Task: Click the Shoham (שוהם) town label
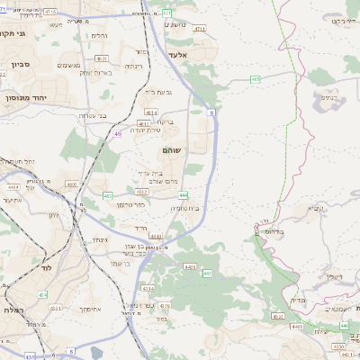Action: [170, 150]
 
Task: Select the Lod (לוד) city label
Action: [46, 268]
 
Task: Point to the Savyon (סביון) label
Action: [21, 65]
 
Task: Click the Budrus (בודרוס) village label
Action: [272, 230]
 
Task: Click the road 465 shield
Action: [256, 79]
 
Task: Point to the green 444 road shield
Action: [183, 194]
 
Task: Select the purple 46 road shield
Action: [117, 134]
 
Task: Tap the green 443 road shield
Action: [207, 273]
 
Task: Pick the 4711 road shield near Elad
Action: [199, 29]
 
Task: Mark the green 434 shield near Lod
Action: [42, 294]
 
